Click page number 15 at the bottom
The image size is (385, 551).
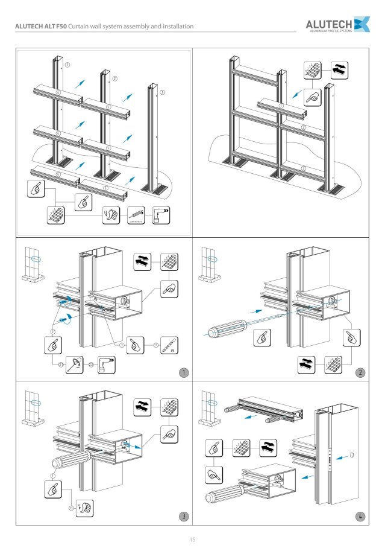(192, 539)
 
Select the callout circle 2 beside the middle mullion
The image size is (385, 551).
(115, 78)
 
